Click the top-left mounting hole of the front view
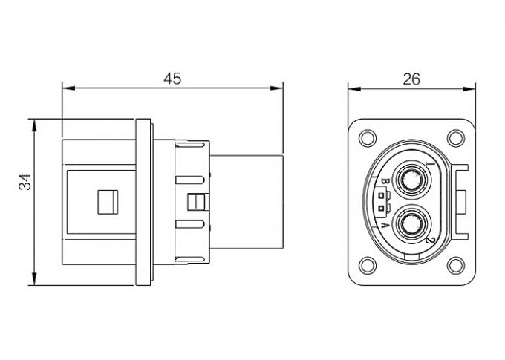367,138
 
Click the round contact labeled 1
409,180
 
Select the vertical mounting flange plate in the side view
144,201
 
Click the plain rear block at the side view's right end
249,201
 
